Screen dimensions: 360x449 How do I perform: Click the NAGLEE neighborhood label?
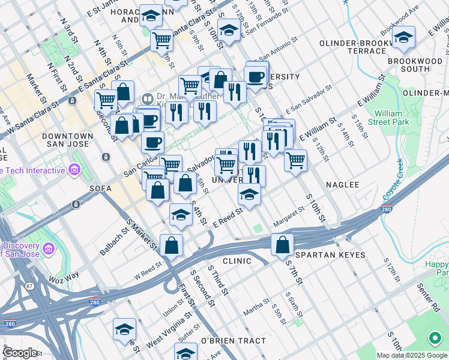342,185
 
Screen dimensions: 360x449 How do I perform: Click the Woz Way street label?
64,277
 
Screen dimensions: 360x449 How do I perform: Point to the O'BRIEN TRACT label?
233,341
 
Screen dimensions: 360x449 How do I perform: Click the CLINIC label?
237,261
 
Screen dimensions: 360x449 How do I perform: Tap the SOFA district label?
100,188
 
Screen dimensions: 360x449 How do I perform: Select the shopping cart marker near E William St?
295,160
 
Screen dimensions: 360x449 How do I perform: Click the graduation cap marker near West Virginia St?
124,329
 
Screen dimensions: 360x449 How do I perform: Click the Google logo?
20,352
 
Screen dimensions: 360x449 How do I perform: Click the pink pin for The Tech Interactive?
74,170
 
